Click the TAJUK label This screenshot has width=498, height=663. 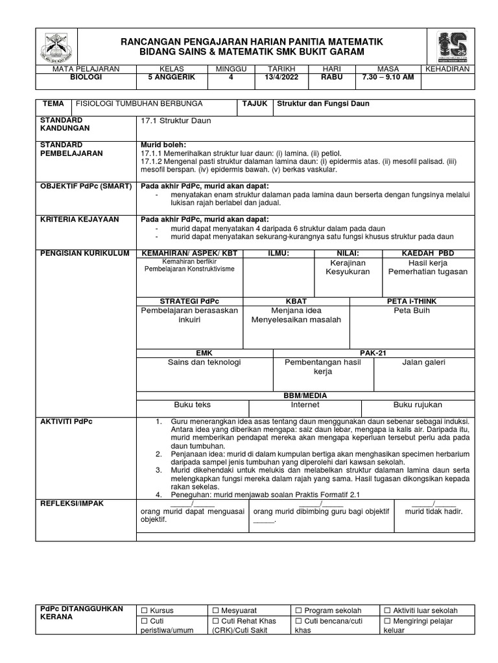(254, 104)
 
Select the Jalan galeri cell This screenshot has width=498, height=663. (424, 363)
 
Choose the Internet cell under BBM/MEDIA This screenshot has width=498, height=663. (305, 405)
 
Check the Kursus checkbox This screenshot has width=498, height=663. (145, 611)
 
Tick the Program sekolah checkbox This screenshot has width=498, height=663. (298, 611)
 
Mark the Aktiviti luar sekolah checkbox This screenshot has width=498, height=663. (387, 611)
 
